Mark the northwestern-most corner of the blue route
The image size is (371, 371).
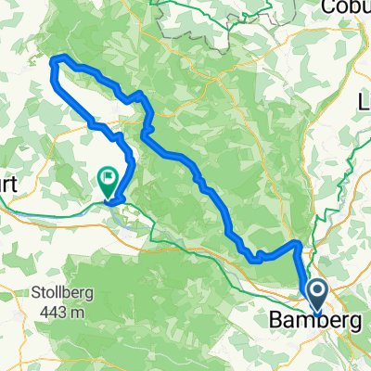[53, 61]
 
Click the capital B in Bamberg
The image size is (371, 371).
[275, 321]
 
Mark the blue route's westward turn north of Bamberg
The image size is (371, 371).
[297, 244]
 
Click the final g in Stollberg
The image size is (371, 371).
[82, 291]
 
